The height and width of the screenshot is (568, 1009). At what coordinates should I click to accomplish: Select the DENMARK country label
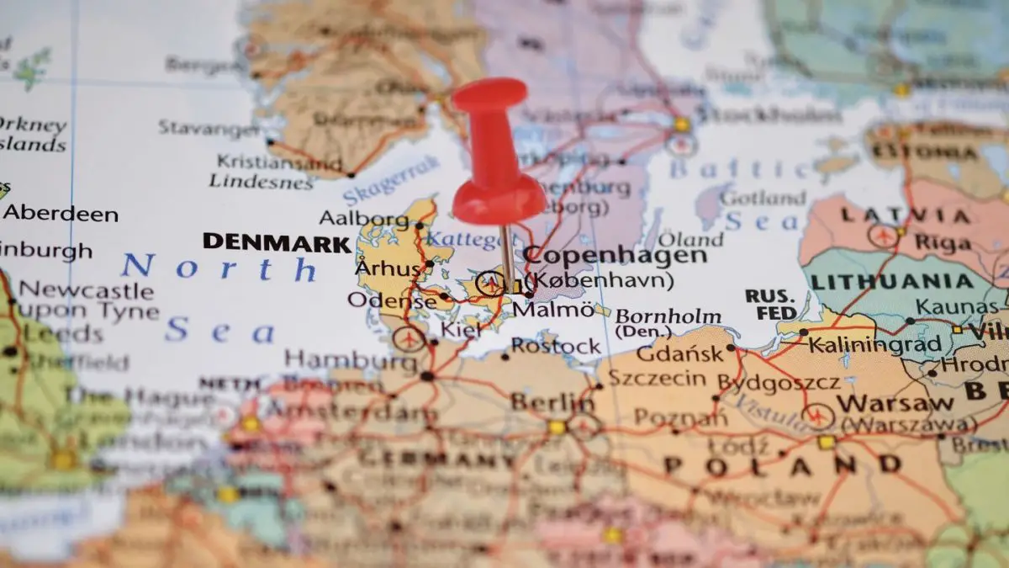tap(276, 242)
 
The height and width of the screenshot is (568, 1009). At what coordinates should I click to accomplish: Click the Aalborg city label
tap(363, 219)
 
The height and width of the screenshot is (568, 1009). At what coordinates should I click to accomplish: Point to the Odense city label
tap(392, 300)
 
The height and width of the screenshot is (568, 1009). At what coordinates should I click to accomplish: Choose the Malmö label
tap(552, 310)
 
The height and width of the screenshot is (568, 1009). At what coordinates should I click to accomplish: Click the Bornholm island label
tap(668, 317)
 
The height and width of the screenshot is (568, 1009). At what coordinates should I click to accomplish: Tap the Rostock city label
tap(556, 346)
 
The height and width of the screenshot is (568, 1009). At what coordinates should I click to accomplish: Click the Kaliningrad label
tap(874, 344)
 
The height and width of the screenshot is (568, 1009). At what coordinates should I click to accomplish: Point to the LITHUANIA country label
tap(891, 282)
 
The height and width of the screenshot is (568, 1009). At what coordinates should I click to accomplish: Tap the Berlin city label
tap(552, 402)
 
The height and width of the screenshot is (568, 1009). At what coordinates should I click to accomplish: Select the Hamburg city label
tap(351, 360)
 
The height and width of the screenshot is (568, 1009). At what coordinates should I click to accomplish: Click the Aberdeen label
tap(61, 213)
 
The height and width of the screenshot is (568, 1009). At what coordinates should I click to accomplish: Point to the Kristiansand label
tap(279, 162)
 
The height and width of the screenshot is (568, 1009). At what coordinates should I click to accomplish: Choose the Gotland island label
tap(763, 199)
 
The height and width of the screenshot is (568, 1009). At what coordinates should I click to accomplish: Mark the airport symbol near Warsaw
tap(816, 416)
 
